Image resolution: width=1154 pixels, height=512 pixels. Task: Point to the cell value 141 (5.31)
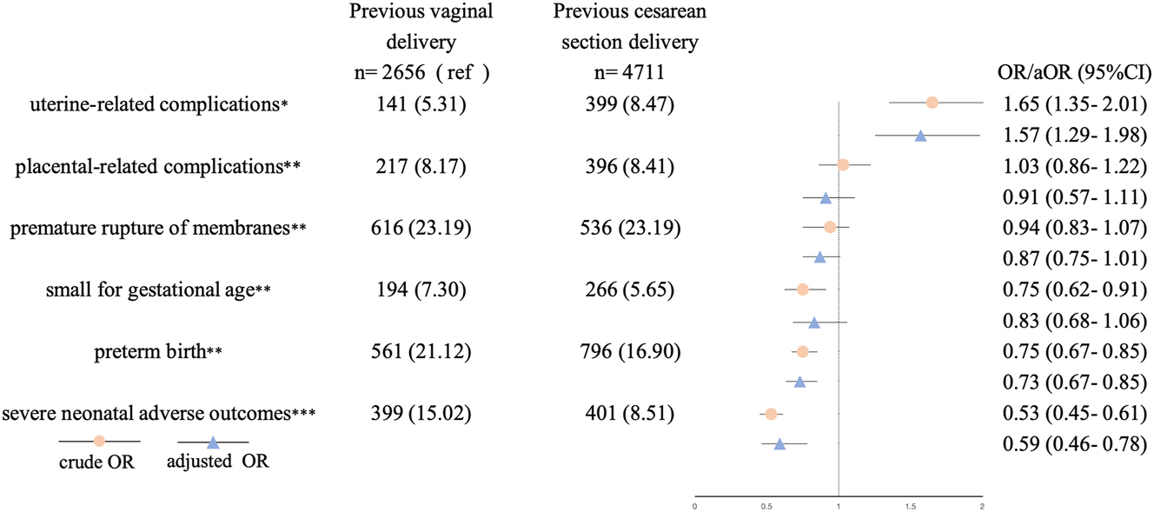[x=420, y=105]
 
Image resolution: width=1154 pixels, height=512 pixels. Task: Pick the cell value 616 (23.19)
[x=420, y=229]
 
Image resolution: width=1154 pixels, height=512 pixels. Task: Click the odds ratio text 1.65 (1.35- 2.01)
[x=1074, y=105]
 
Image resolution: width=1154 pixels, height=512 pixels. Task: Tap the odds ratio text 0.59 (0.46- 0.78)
[x=1074, y=445]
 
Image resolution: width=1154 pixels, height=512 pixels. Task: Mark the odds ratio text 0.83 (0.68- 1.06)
[x=1074, y=322]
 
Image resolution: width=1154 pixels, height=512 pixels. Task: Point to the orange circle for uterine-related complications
[x=932, y=103]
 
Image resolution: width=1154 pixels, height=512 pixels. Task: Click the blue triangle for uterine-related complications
[x=920, y=136]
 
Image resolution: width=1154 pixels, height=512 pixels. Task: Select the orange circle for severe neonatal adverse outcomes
[x=770, y=414]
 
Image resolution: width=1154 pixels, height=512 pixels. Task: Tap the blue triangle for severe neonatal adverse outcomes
[x=779, y=444]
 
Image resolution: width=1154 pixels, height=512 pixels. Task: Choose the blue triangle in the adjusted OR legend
[x=212, y=442]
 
